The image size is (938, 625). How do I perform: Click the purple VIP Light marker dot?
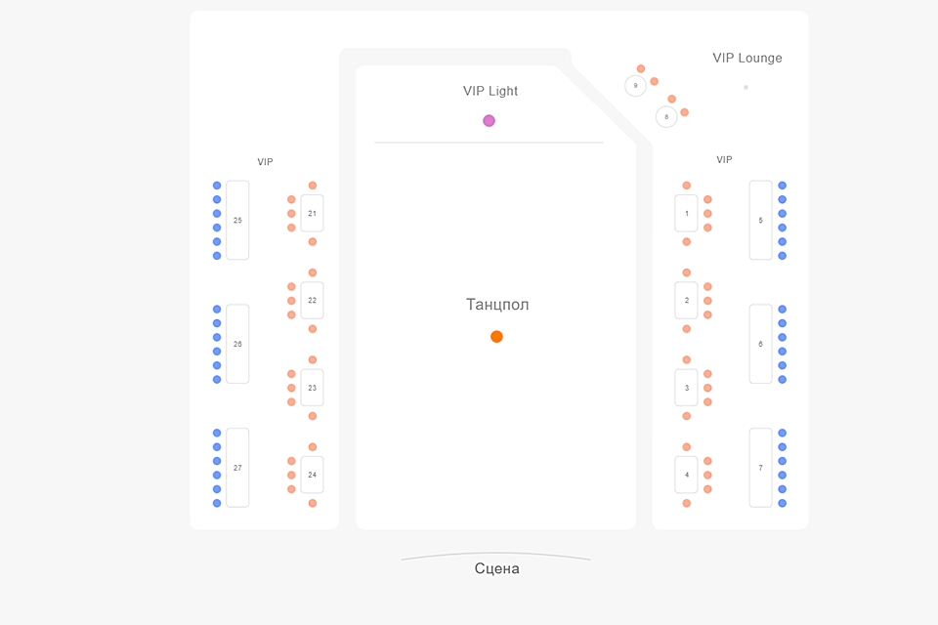pos(489,121)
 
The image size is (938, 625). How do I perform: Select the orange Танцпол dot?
pos(496,337)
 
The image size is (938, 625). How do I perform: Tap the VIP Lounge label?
pos(747,58)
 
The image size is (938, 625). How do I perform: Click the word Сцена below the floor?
pos(496,568)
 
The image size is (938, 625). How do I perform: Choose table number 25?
pos(237,221)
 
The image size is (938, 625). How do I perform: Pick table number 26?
pos(237,344)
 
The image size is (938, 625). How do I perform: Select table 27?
pos(237,468)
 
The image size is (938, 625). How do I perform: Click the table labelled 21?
pos(312,213)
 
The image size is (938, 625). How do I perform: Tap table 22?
pos(312,300)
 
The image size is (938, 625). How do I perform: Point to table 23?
pos(312,388)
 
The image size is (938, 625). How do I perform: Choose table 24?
pos(312,475)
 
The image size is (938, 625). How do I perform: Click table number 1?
pos(687,213)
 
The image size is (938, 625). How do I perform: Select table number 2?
pos(687,300)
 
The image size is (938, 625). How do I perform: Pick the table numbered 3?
pos(687,388)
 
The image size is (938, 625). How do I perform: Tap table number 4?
pos(687,475)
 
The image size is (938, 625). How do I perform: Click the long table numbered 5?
pos(760,221)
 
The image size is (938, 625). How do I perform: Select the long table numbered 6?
pos(760,344)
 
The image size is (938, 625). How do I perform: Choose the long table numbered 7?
pos(760,468)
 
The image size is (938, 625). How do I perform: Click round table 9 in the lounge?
pos(635,86)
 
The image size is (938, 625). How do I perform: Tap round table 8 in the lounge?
pos(666,117)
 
